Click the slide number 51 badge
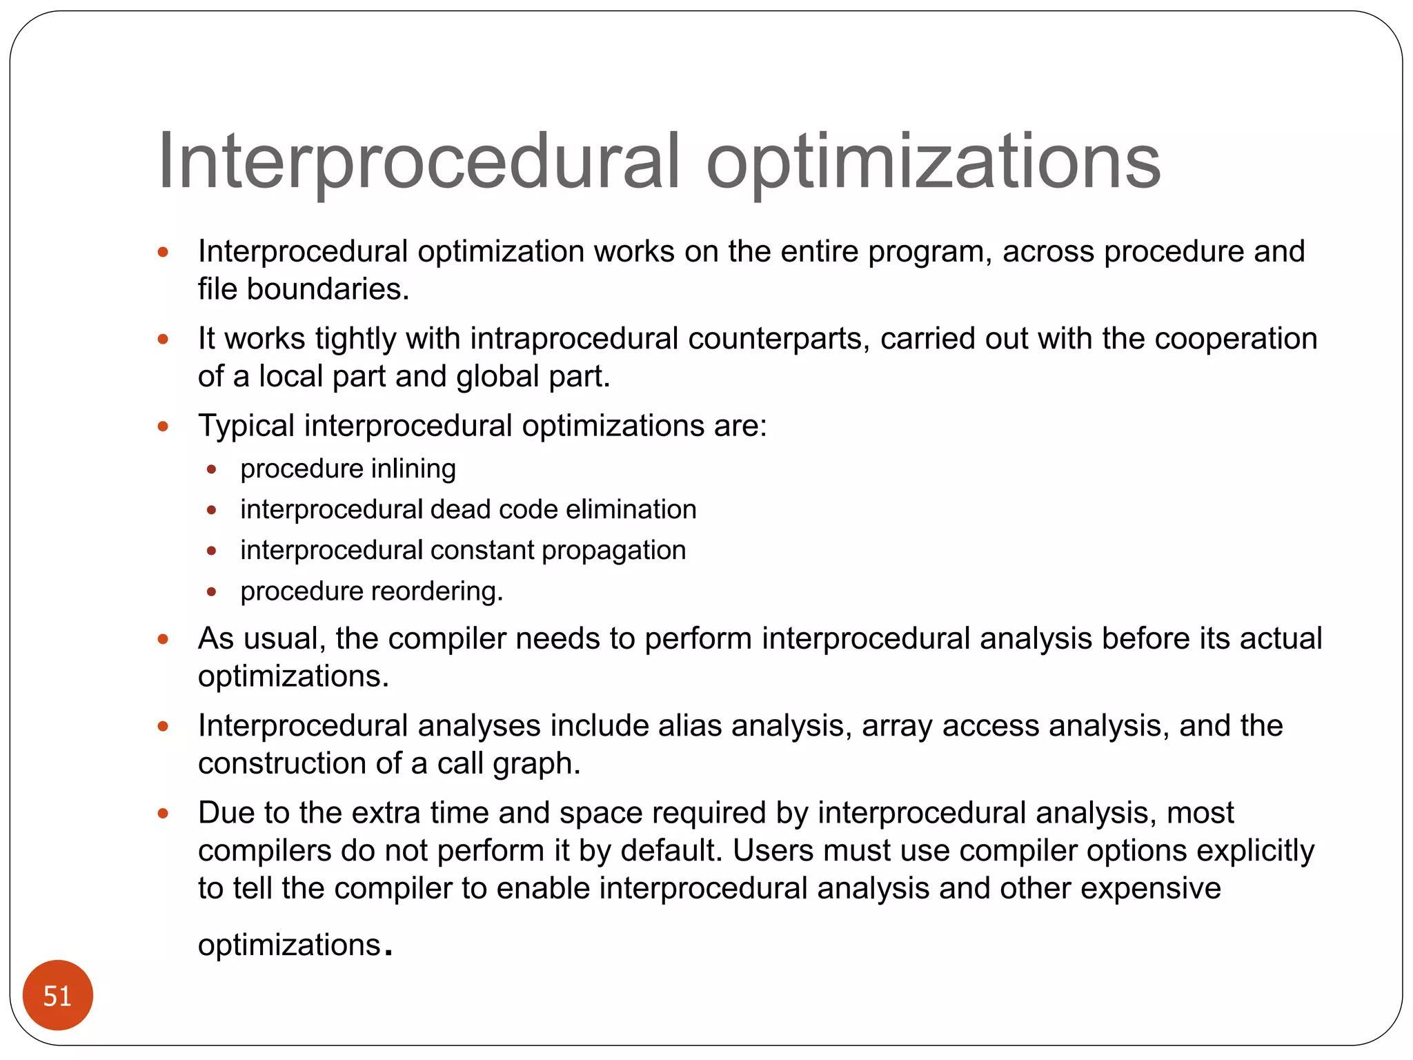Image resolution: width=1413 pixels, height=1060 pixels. click(x=58, y=995)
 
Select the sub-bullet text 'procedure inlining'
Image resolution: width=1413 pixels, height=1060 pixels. click(x=348, y=469)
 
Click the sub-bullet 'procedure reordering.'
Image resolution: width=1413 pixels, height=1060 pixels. click(x=372, y=591)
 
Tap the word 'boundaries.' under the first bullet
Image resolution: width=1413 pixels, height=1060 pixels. click(x=328, y=289)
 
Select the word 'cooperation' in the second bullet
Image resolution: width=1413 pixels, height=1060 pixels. click(x=1236, y=339)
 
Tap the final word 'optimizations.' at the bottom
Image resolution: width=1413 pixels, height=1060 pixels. click(x=295, y=945)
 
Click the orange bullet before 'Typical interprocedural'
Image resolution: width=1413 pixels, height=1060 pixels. click(x=164, y=426)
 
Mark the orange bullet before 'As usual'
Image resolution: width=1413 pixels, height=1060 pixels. click(x=164, y=640)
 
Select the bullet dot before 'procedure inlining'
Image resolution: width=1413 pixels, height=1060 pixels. click(x=212, y=470)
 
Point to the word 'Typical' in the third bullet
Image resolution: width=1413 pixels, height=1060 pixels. click(x=246, y=426)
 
